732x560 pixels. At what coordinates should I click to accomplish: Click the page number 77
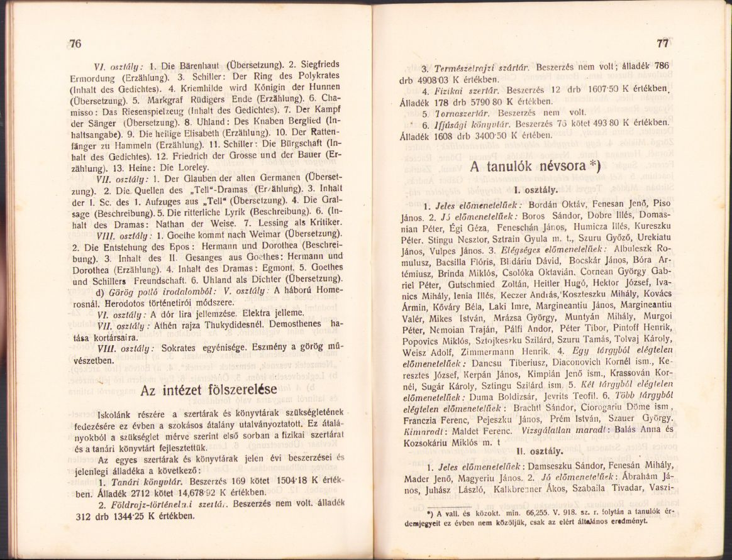click(x=662, y=43)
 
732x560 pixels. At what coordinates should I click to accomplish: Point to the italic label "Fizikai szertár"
click(x=465, y=90)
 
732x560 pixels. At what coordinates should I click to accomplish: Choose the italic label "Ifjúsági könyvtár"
click(x=469, y=123)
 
